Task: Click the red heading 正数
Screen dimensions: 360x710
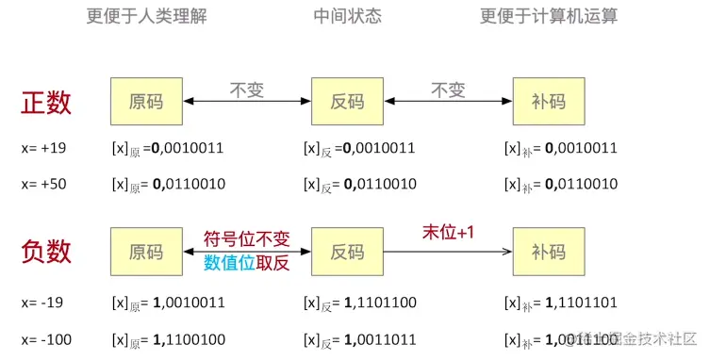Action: [46, 102]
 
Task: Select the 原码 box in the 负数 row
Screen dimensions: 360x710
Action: [145, 252]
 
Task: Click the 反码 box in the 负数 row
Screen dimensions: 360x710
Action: [347, 252]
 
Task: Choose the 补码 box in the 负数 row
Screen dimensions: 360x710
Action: [548, 252]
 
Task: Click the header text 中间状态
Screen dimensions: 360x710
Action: [347, 16]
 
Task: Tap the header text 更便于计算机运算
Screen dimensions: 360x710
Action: [548, 16]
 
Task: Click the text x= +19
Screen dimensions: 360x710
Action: [43, 148]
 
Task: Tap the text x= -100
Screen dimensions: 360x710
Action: [46, 338]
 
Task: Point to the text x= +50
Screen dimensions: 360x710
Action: [43, 184]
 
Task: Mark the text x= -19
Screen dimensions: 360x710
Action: [42, 303]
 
